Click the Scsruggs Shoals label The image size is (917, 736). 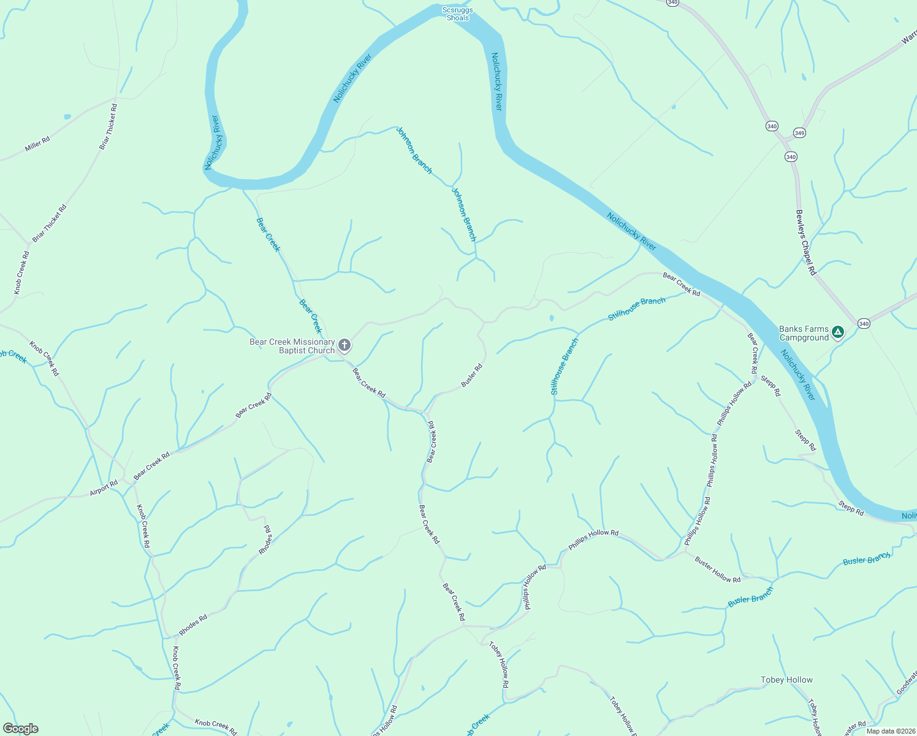(x=458, y=14)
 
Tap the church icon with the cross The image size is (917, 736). (x=344, y=345)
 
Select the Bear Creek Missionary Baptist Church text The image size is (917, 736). (x=292, y=347)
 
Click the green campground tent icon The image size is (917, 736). (x=837, y=332)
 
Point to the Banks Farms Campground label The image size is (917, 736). (x=804, y=334)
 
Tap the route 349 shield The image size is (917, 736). (x=799, y=132)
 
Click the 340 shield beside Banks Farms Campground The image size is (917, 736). (x=864, y=323)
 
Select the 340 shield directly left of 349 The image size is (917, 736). (x=772, y=126)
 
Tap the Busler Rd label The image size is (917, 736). (x=472, y=375)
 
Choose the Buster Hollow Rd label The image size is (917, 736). (x=717, y=569)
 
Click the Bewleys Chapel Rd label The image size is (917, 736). (x=805, y=242)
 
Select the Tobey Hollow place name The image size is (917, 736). (x=786, y=680)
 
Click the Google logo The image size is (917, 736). (x=20, y=729)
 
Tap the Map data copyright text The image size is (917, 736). (x=891, y=731)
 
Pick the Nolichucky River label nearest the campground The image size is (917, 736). (x=798, y=375)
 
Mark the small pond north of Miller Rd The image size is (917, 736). (x=67, y=117)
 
